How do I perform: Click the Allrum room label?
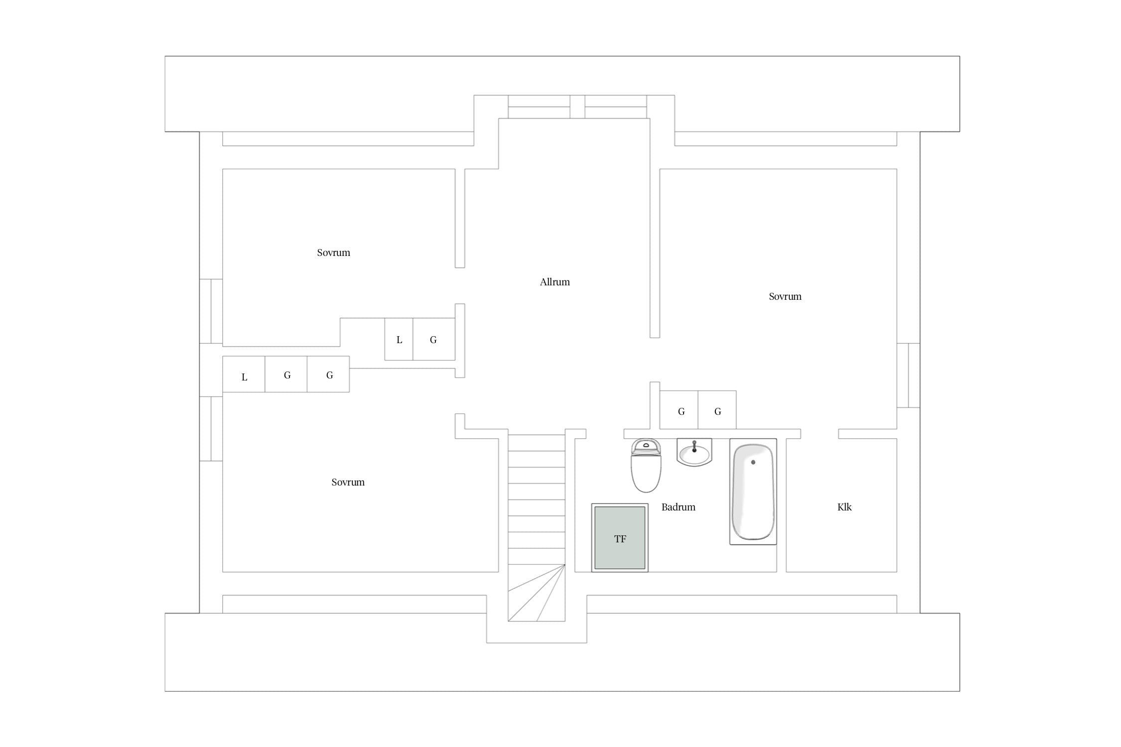click(x=555, y=282)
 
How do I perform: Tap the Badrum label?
click(x=678, y=507)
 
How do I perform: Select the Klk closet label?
click(x=844, y=507)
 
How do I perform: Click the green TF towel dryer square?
click(x=620, y=538)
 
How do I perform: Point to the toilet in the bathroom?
click(x=646, y=466)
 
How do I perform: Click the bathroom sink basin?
click(x=694, y=453)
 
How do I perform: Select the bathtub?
click(x=753, y=492)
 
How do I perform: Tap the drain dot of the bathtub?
click(x=753, y=462)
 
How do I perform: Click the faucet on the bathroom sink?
click(x=694, y=446)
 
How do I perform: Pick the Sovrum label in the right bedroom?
click(x=785, y=296)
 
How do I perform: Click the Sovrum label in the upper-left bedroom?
click(x=333, y=252)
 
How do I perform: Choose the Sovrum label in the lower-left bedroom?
click(x=348, y=482)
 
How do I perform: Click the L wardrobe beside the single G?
click(x=399, y=339)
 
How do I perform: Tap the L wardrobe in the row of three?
click(x=244, y=374)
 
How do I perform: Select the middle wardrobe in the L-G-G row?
click(x=286, y=374)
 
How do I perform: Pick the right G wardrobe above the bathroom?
click(x=717, y=410)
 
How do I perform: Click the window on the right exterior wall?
click(x=908, y=375)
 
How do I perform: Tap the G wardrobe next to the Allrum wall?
click(x=434, y=339)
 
